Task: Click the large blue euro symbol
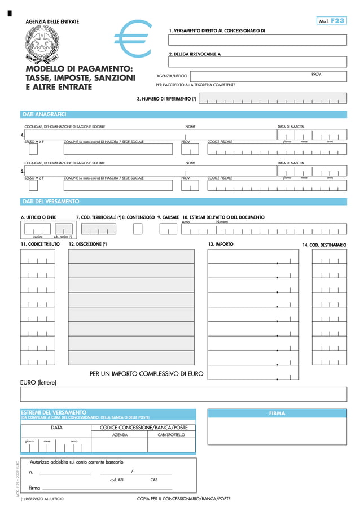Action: [x=134, y=39]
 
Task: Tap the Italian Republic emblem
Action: [x=41, y=44]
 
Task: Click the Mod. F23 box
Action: [x=331, y=21]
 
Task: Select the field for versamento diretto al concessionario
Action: [x=257, y=40]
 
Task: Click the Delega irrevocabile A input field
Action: [x=257, y=62]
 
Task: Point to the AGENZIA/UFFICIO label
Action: [x=172, y=76]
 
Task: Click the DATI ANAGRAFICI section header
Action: [x=44, y=114]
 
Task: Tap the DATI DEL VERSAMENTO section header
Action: [x=50, y=202]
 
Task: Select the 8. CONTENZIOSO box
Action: [x=138, y=229]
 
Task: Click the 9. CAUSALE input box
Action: [x=168, y=229]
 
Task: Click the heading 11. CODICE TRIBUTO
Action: [x=40, y=245]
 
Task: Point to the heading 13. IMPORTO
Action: [x=220, y=244]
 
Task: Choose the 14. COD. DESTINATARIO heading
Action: [x=324, y=245]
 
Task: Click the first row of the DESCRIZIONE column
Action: [x=131, y=256]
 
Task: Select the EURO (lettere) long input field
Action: [x=183, y=394]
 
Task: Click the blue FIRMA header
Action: [x=276, y=413]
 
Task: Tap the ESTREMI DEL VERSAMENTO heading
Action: [x=54, y=412]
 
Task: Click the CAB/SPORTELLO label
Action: [x=171, y=435]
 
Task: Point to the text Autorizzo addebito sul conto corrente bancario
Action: [x=76, y=462]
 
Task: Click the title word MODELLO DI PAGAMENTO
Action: [x=80, y=69]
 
